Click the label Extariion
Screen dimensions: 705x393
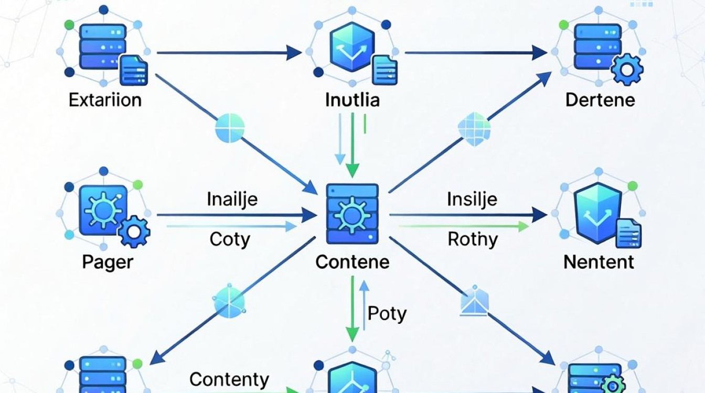[105, 100]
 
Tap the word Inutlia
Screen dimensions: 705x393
[352, 100]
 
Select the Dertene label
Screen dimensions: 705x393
[600, 100]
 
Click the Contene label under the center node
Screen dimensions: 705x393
[352, 262]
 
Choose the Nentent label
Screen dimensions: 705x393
[599, 262]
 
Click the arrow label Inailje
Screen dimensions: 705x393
[232, 200]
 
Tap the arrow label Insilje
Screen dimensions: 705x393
[472, 200]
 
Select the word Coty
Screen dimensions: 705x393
[230, 240]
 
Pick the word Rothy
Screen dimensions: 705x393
[473, 240]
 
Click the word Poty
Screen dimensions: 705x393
[387, 314]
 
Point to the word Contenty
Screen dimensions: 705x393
[229, 380]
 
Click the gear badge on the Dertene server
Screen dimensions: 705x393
[627, 70]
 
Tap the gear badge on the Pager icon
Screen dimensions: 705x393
[134, 232]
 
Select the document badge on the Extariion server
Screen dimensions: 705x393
[134, 70]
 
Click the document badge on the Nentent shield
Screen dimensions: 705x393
[629, 234]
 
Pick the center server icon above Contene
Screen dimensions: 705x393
[352, 214]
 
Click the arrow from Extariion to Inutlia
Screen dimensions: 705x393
[229, 52]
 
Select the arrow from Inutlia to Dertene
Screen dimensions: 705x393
[476, 52]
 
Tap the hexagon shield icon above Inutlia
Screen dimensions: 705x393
[352, 47]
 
